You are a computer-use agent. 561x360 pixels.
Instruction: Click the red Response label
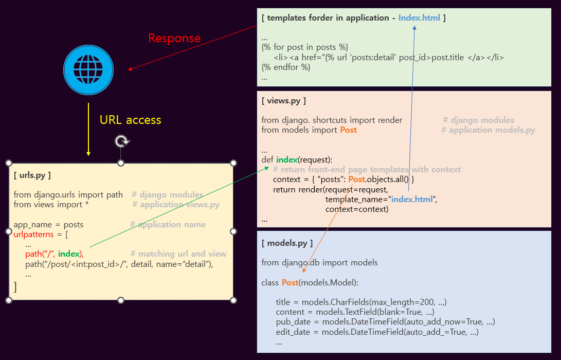174,38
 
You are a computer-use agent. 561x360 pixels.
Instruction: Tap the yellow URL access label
130,120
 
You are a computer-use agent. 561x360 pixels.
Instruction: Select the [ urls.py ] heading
32,175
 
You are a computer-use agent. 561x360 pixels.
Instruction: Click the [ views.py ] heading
283,101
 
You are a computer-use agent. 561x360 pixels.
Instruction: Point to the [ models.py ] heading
287,243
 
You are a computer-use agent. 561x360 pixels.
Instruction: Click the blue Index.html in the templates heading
419,17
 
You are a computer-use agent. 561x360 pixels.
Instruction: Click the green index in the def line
286,159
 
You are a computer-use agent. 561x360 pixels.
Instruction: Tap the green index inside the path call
69,254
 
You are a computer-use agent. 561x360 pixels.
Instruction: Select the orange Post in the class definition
289,282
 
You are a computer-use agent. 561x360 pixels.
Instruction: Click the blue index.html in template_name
412,199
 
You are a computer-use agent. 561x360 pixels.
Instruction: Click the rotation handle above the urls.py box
121,141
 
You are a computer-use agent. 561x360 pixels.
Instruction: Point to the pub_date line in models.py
385,322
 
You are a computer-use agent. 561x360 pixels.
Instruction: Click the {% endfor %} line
286,67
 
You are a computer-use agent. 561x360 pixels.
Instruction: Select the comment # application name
168,225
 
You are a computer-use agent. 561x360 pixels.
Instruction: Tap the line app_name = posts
48,225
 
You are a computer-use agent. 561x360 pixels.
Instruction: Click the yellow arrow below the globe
88,129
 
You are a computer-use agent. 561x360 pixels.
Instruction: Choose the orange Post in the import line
348,130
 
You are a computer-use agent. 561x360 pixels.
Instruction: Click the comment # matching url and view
178,254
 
